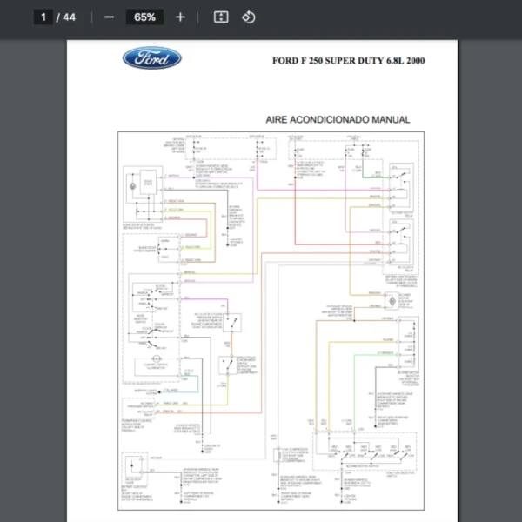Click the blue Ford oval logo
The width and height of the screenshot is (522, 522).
pyautogui.click(x=152, y=59)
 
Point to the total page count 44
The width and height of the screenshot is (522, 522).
pyautogui.click(x=70, y=17)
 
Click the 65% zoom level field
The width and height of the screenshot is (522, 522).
pyautogui.click(x=144, y=17)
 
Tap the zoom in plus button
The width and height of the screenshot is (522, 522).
pyautogui.click(x=180, y=17)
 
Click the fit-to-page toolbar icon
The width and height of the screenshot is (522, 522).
pyautogui.click(x=221, y=17)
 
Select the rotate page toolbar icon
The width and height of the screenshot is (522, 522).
pyautogui.click(x=249, y=17)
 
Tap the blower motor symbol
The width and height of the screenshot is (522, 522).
pyautogui.click(x=391, y=300)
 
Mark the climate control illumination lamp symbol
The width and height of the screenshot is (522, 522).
pyautogui.click(x=150, y=360)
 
